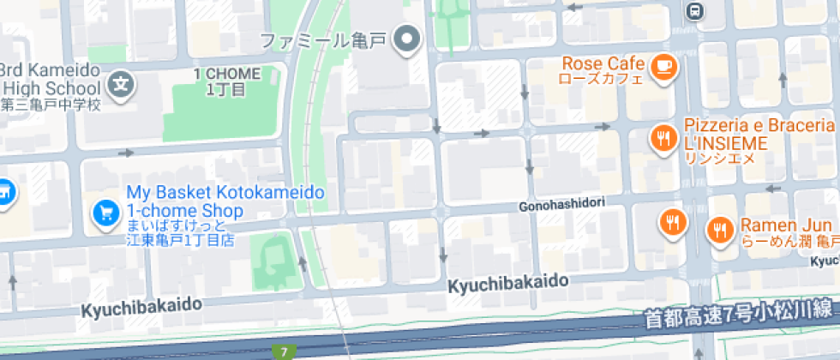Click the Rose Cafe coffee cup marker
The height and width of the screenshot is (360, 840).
(663, 66)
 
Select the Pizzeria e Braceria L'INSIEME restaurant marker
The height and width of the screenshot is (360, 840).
(662, 137)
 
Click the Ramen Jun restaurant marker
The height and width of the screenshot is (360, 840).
(718, 229)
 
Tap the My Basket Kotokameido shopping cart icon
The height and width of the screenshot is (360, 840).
(105, 211)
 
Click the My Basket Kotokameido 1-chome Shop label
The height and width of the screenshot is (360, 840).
(225, 202)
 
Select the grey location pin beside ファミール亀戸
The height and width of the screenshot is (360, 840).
(409, 39)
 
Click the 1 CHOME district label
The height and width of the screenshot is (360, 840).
(226, 74)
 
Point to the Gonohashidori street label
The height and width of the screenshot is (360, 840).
(562, 206)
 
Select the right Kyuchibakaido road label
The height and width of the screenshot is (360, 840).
(508, 282)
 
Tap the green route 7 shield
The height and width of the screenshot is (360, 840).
(283, 352)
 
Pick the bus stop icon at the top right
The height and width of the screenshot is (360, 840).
(694, 10)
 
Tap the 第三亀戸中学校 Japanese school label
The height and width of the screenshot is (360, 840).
(51, 105)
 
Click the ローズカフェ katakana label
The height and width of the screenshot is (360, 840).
(600, 79)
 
